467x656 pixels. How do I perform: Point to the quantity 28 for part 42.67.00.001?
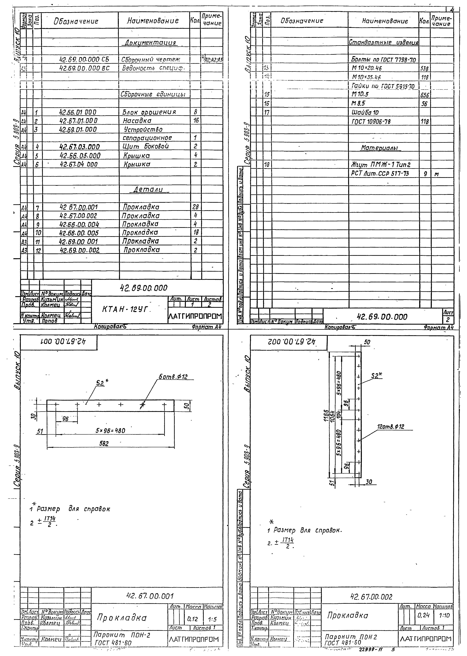[x=196, y=207]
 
